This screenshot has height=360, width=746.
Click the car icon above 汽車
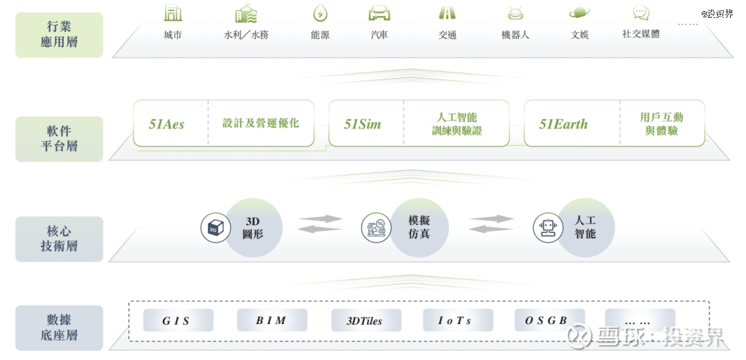pyautogui.click(x=379, y=13)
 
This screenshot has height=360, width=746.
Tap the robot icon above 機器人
pyautogui.click(x=515, y=14)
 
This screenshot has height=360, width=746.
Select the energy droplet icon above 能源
pyautogui.click(x=321, y=13)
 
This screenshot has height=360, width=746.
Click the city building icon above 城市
pyautogui.click(x=173, y=13)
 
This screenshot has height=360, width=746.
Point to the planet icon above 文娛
pyautogui.click(x=580, y=13)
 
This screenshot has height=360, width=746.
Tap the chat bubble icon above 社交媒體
pyautogui.click(x=641, y=13)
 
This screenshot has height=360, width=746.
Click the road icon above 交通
pyautogui.click(x=447, y=13)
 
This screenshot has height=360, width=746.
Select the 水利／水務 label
pyautogui.click(x=246, y=35)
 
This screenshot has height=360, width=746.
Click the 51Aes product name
pyautogui.click(x=166, y=124)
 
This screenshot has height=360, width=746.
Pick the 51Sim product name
pyautogui.click(x=363, y=124)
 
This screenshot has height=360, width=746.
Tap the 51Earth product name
pyautogui.click(x=564, y=124)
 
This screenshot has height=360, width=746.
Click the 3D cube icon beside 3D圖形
pyautogui.click(x=216, y=227)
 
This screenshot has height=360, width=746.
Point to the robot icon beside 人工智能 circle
pyautogui.click(x=548, y=227)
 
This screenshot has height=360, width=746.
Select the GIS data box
pyautogui.click(x=178, y=321)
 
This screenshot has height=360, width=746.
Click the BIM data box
pyautogui.click(x=272, y=321)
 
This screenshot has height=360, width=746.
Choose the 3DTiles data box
pyautogui.click(x=366, y=321)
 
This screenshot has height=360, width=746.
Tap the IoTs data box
pyautogui.click(x=458, y=321)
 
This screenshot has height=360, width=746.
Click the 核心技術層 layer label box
pyautogui.click(x=59, y=239)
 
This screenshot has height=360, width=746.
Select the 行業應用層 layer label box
pyautogui.click(x=59, y=35)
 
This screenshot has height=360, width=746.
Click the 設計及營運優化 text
pyautogui.click(x=260, y=123)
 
